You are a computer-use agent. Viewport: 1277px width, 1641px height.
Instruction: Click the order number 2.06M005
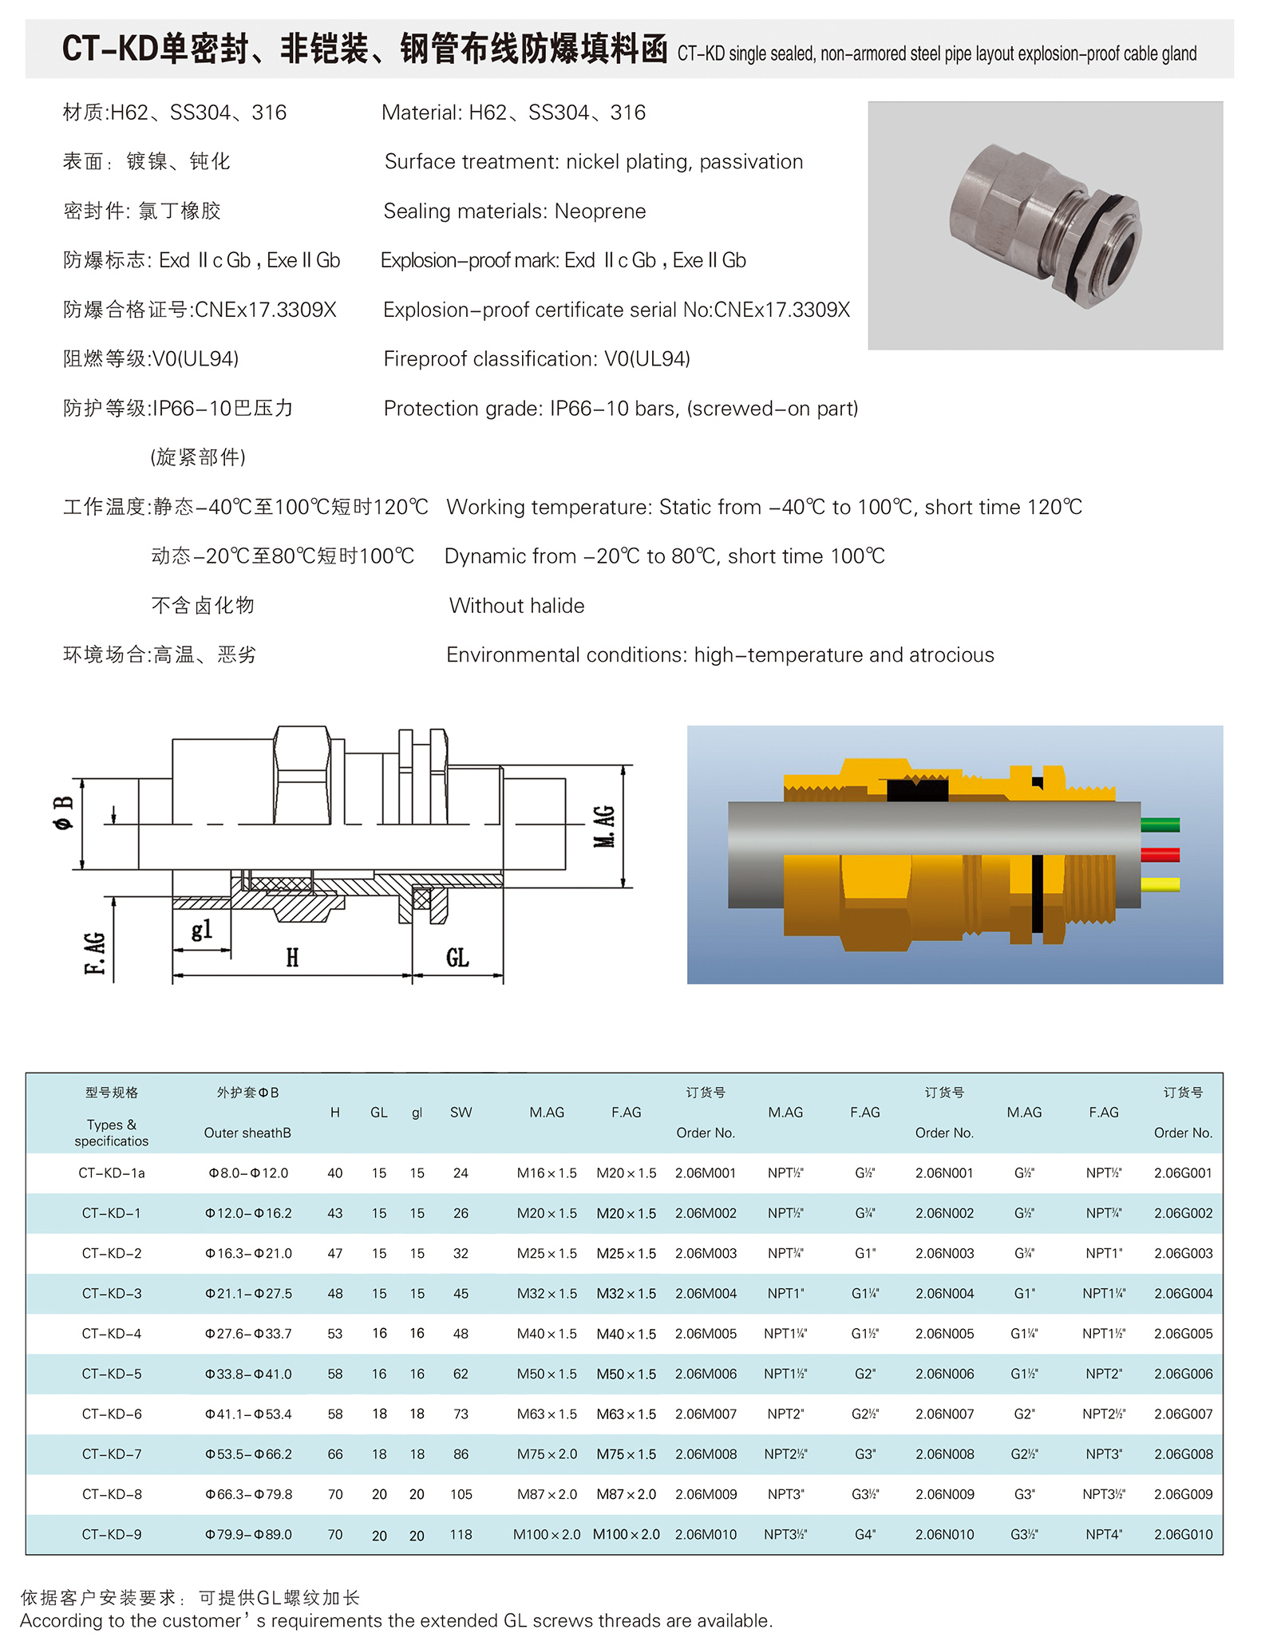[x=706, y=1334]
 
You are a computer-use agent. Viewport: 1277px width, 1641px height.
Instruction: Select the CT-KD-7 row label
[x=112, y=1454]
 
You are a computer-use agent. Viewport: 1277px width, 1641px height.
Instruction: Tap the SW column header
[x=461, y=1113]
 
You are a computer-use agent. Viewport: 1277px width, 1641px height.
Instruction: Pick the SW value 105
[x=461, y=1494]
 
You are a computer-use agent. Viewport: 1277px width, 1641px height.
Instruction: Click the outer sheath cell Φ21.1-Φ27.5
[x=248, y=1294]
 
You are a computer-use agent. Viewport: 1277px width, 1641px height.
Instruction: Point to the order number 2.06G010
[x=1183, y=1534]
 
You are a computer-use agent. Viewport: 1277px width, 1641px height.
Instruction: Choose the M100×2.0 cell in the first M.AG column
[x=547, y=1534]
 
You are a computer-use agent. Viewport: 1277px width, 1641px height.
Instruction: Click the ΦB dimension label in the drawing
[x=64, y=813]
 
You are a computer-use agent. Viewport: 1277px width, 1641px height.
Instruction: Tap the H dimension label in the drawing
[x=292, y=958]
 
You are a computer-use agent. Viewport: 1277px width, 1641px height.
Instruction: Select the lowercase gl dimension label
[x=202, y=929]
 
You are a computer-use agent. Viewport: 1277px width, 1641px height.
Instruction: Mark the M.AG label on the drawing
[x=604, y=826]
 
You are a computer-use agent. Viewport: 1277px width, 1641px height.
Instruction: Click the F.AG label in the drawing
[x=94, y=953]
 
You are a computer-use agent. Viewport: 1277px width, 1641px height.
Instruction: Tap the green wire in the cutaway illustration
[x=1160, y=825]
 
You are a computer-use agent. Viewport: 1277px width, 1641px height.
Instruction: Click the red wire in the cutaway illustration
[x=1160, y=855]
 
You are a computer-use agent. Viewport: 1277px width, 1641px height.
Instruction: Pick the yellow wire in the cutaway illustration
[x=1160, y=884]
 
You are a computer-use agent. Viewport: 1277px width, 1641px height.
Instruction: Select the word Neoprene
[x=600, y=212]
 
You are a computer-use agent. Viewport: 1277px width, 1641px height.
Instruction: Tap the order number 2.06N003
[x=944, y=1253]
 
